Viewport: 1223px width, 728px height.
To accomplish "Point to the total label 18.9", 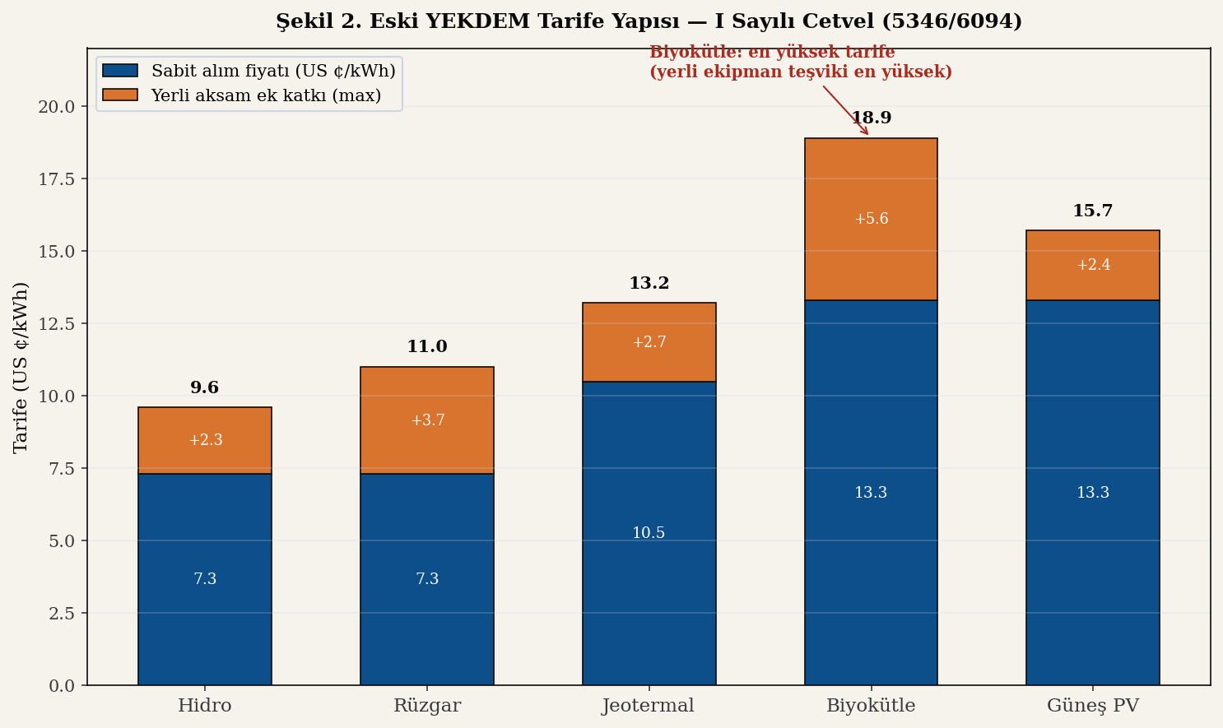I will pyautogui.click(x=871, y=118).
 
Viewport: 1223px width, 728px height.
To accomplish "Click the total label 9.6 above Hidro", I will pyautogui.click(x=205, y=388).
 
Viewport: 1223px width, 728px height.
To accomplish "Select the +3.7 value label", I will pyautogui.click(x=427, y=420).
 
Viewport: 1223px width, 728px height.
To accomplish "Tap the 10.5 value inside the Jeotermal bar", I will pyautogui.click(x=649, y=533).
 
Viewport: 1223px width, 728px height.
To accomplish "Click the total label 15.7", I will pyautogui.click(x=1093, y=211).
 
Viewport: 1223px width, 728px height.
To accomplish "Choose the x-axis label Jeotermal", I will pyautogui.click(x=649, y=706).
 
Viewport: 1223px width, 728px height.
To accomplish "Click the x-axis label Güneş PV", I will pyautogui.click(x=1093, y=706).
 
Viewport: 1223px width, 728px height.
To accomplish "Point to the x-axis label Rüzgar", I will pyautogui.click(x=427, y=706).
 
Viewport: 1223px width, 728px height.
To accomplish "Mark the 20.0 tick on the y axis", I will pyautogui.click(x=57, y=107).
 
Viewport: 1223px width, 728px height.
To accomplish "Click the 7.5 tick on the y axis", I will pyautogui.click(x=57, y=469).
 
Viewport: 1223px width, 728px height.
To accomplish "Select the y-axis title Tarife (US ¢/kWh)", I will pyautogui.click(x=21, y=367).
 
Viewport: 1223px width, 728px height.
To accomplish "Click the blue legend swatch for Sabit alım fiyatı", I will pyautogui.click(x=120, y=72).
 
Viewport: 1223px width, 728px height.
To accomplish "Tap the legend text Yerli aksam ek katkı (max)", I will pyautogui.click(x=266, y=95).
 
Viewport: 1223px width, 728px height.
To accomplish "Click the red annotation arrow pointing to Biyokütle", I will pyautogui.click(x=846, y=110).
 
